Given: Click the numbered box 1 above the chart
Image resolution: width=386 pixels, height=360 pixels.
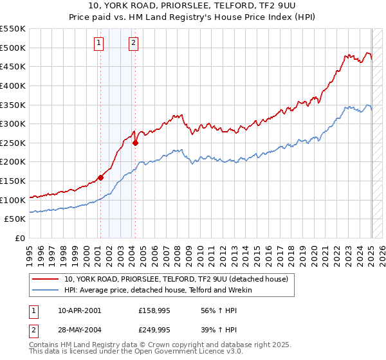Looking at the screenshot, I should (x=99, y=43).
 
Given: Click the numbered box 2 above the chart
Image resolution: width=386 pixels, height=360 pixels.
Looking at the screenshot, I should (x=133, y=43).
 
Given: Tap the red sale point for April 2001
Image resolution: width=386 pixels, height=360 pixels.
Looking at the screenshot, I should (x=100, y=177).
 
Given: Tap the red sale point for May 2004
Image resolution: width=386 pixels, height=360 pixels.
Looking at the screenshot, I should (x=135, y=143).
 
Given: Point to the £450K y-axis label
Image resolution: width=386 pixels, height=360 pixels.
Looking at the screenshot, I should (x=12, y=66).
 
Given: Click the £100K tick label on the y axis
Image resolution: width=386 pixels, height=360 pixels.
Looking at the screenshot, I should (x=12, y=200).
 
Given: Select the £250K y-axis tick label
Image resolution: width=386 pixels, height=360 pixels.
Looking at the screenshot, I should (x=12, y=143).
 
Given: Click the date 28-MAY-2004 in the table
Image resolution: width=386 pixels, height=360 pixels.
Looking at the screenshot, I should (x=80, y=329).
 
